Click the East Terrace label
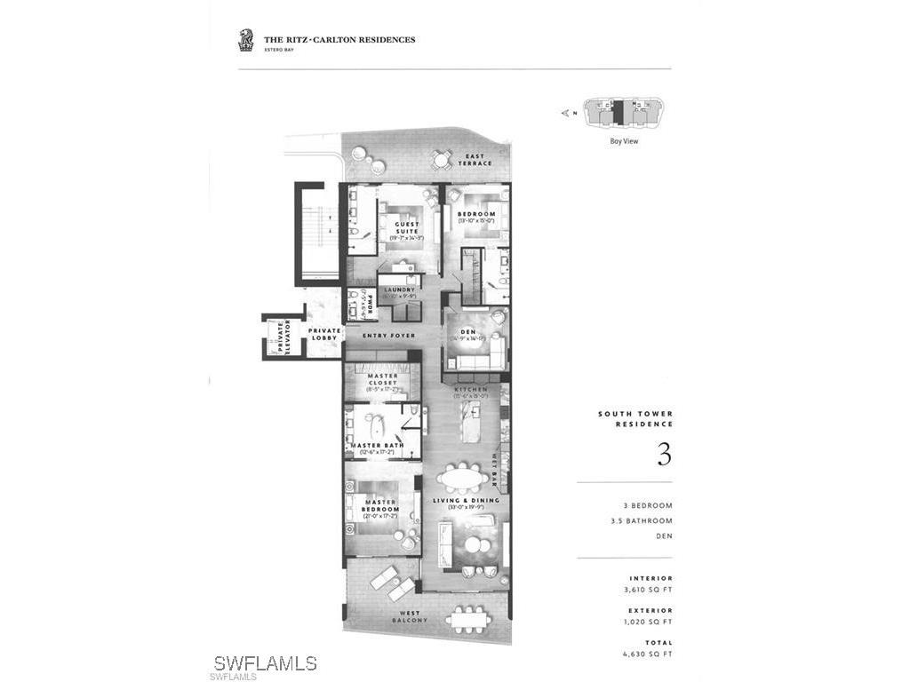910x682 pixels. tap(472, 160)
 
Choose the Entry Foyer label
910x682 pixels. tap(391, 336)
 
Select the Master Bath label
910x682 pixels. tap(378, 445)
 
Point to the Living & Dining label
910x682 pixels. tap(466, 500)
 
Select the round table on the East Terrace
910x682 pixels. tap(441, 159)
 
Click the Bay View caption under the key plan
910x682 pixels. tap(624, 141)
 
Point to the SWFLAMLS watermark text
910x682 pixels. tap(265, 662)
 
